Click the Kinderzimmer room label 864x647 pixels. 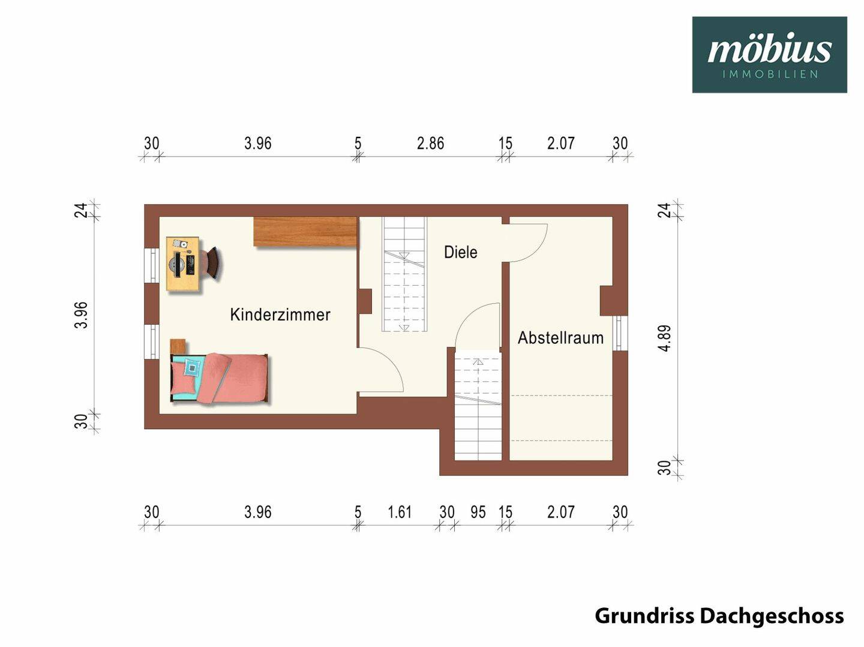pos(280,314)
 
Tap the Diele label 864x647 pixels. pos(461,252)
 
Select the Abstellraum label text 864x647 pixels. pos(560,338)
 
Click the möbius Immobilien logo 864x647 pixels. pos(769,55)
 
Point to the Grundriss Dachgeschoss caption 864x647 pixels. pos(719,616)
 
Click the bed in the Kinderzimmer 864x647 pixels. pos(220,378)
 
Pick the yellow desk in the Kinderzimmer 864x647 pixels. pos(182,263)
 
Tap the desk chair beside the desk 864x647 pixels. pos(212,263)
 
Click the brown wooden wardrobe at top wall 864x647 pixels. pos(305,232)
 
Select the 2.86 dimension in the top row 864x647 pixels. pos(430,143)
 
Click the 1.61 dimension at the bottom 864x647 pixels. pos(400,512)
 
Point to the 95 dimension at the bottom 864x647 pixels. pos(478,512)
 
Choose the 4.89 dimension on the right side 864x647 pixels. pos(664,338)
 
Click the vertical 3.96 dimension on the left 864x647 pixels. pos(81,314)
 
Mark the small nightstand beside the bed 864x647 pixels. pos(178,346)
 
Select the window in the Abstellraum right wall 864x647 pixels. pos(620,333)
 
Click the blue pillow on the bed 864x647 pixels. pos(192,367)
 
